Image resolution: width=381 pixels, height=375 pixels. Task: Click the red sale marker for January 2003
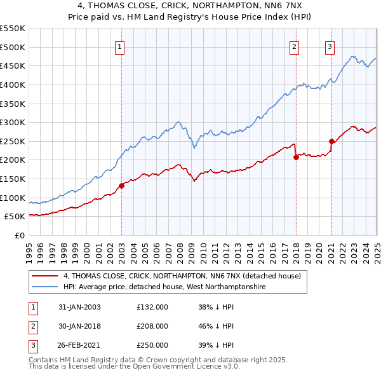(121, 186)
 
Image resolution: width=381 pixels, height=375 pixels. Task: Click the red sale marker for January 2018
(296, 157)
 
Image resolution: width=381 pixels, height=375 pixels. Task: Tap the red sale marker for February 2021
(331, 141)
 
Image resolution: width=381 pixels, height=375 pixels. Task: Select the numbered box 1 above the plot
(120, 46)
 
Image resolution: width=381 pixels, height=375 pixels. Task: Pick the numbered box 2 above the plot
(295, 46)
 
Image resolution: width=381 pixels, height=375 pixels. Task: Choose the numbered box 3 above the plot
(330, 46)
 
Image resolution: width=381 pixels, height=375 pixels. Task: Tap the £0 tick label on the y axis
(18, 235)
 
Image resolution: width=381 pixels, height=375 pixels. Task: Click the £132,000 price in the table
(152, 307)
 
